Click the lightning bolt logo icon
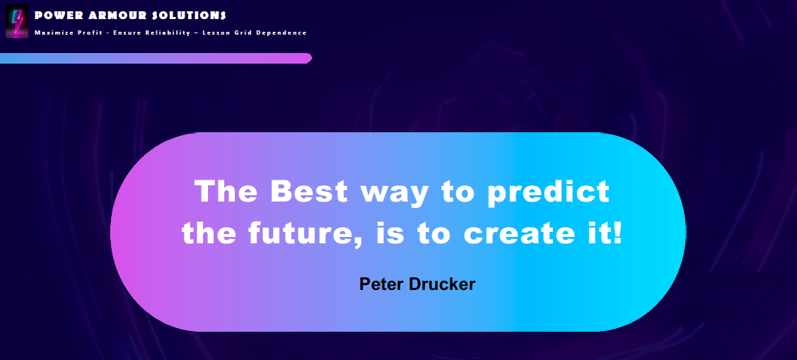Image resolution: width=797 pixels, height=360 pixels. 17,21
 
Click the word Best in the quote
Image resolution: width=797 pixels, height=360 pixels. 309,191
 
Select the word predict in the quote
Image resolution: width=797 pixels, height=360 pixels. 549,193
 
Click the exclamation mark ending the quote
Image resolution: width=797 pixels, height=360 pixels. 617,233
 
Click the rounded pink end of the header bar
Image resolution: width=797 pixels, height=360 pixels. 307,58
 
